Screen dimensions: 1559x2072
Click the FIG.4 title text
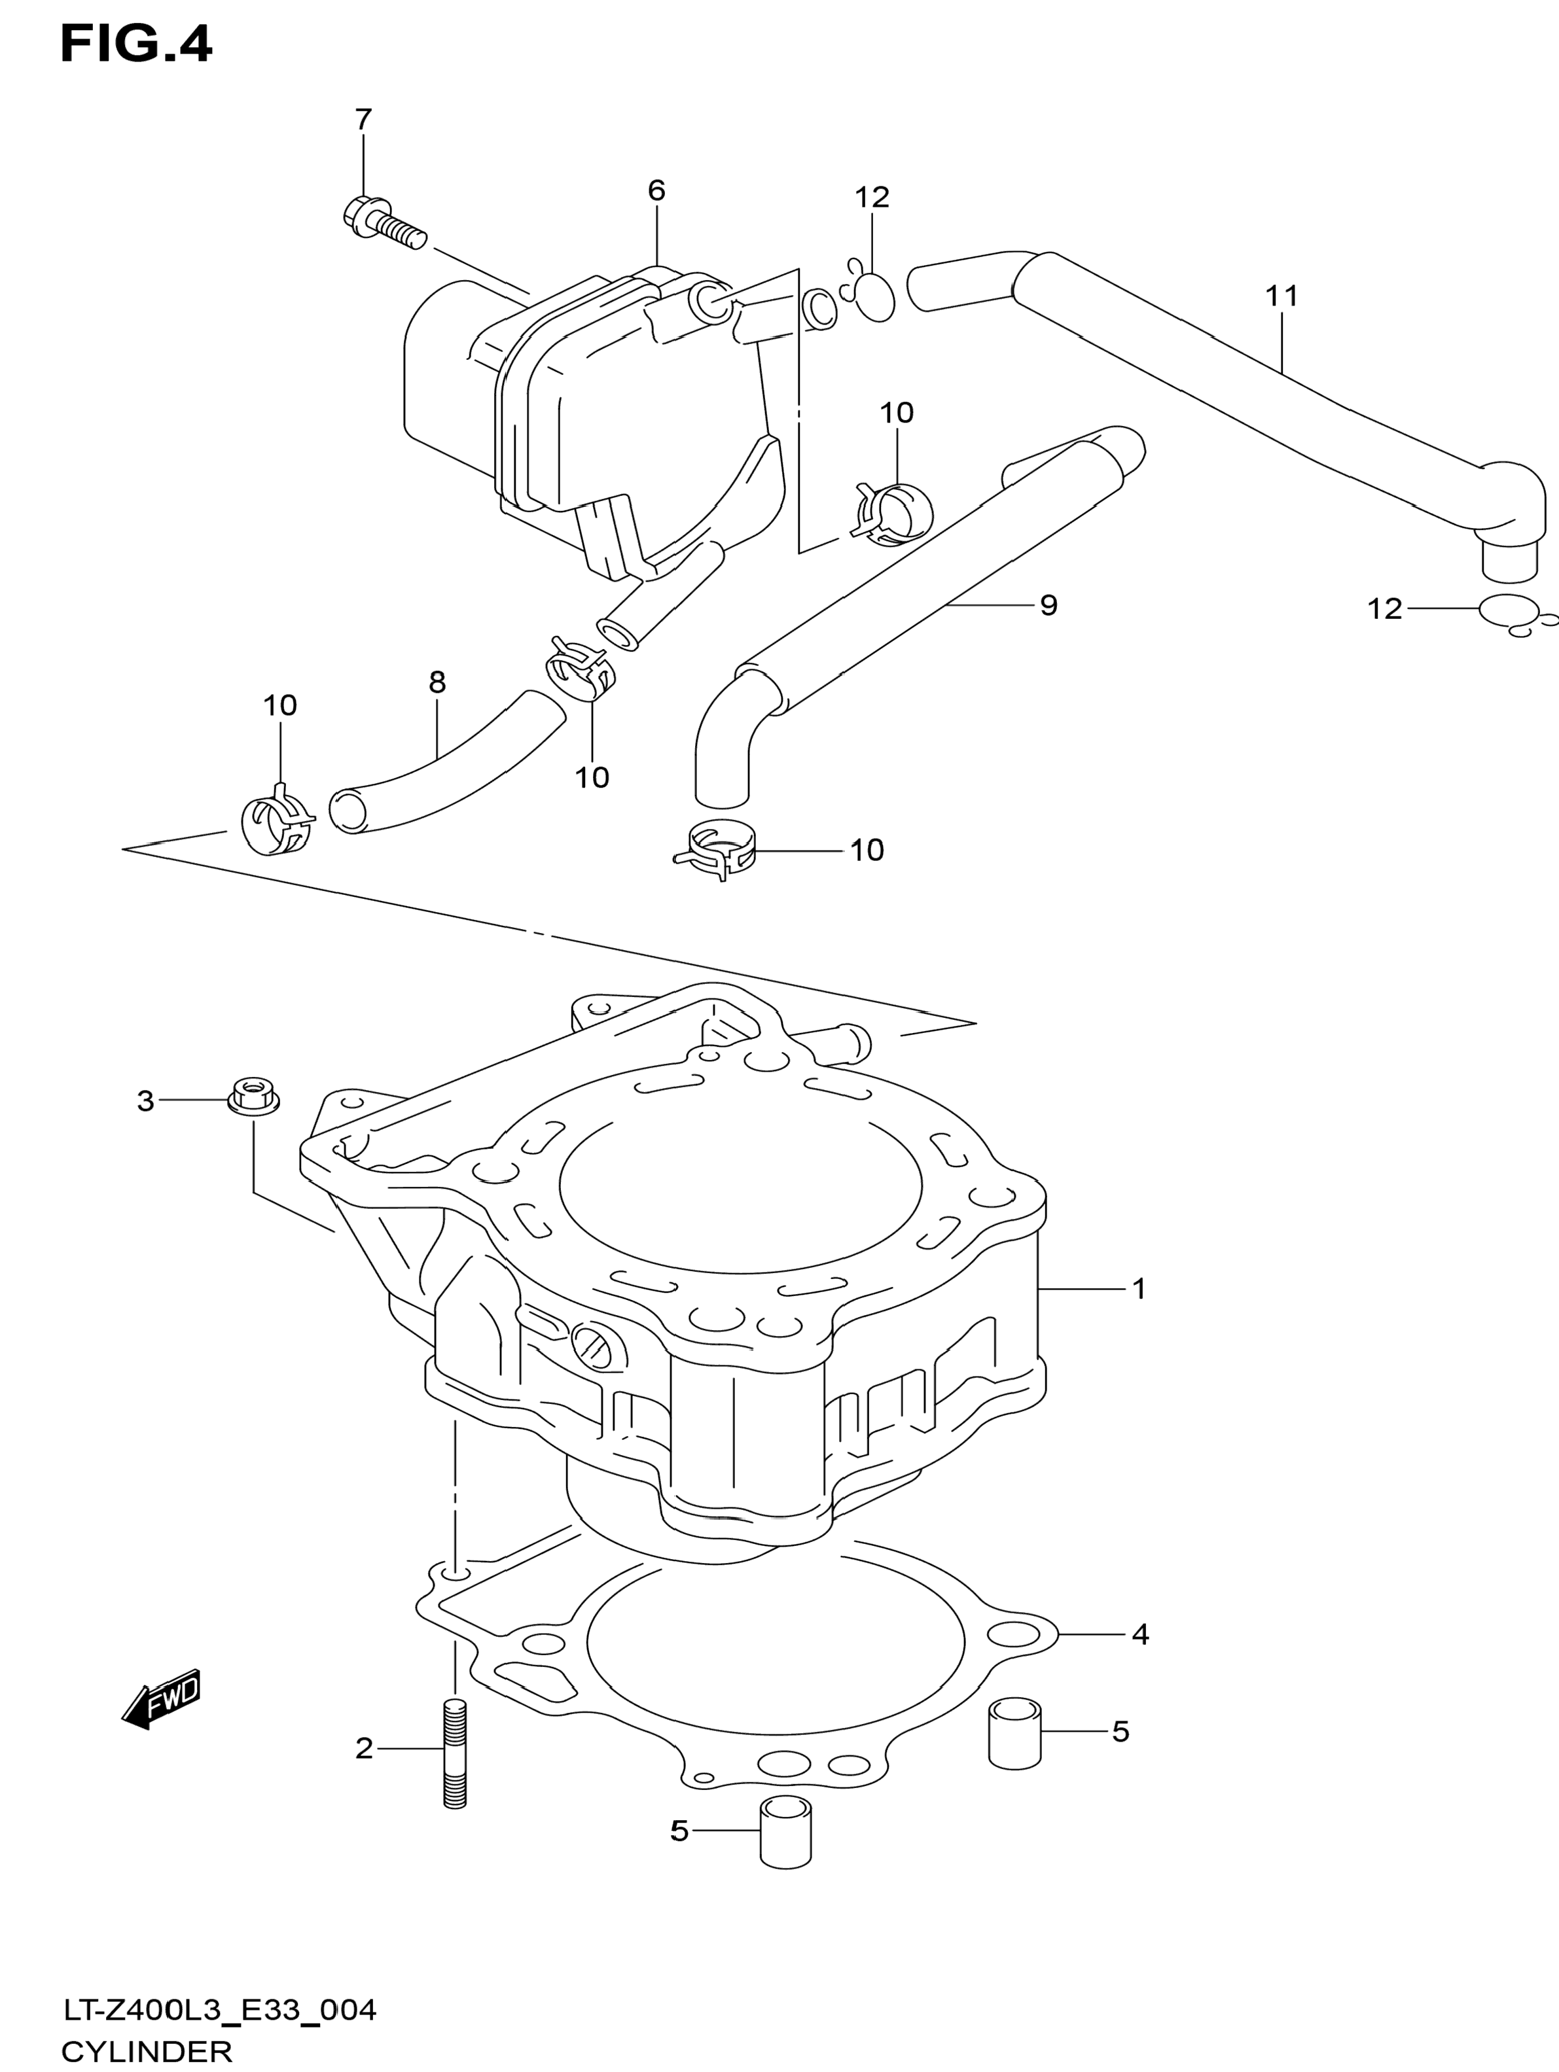click(x=137, y=44)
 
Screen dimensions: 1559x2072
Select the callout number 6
click(x=656, y=190)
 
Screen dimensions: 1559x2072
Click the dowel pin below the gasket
click(x=786, y=1834)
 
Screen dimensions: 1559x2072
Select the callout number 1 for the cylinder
click(x=1139, y=1289)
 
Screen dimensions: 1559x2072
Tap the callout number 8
click(x=437, y=682)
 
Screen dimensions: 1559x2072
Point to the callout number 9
click(x=1048, y=605)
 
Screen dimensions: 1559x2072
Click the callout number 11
click(x=1281, y=296)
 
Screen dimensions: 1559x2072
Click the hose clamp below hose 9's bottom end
click(x=717, y=848)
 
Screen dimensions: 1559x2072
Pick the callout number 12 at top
click(x=871, y=197)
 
